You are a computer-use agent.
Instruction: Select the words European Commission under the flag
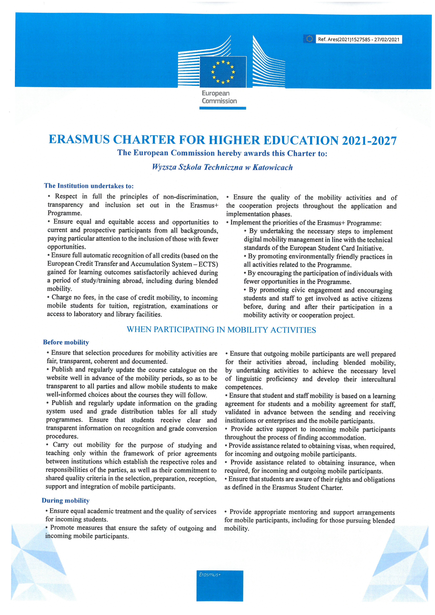(x=219, y=97)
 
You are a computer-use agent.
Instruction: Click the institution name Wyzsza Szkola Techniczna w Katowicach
(x=222, y=167)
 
